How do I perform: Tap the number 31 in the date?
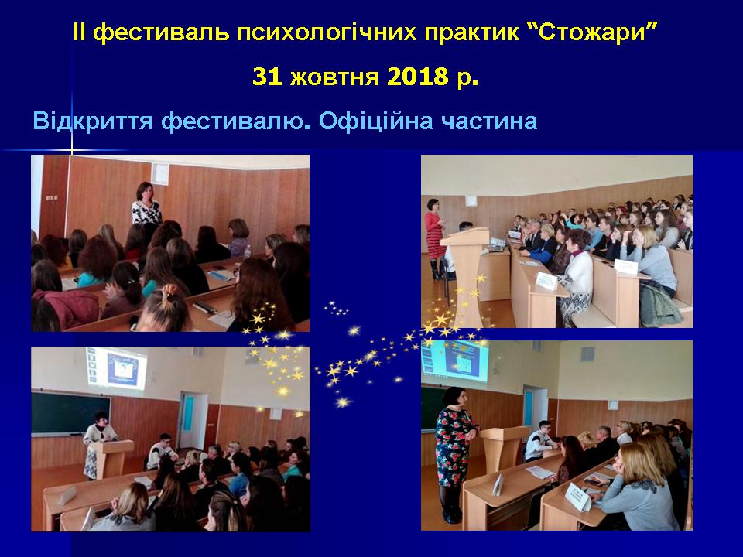point(267,77)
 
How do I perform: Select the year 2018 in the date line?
point(417,77)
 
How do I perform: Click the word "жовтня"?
point(334,77)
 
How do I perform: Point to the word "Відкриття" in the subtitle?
point(93,121)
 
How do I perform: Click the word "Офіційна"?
point(376,122)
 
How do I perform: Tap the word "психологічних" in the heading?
point(326,34)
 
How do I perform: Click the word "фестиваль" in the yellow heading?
point(162,34)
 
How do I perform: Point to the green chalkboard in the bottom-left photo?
point(70,413)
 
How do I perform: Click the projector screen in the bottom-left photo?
point(117,368)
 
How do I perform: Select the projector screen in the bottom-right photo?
point(454,359)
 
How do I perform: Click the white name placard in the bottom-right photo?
point(579,495)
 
